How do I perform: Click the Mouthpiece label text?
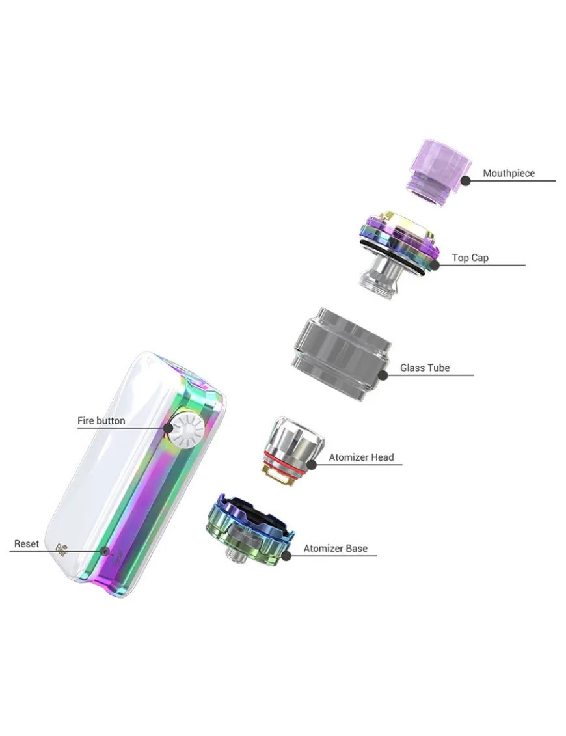(x=509, y=173)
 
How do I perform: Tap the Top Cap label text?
(x=470, y=258)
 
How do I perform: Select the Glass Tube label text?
(x=425, y=368)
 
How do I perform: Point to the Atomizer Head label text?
(x=361, y=457)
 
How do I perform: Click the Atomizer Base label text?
(x=335, y=548)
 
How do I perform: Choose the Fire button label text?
(x=101, y=420)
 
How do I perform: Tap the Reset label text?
(x=26, y=543)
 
